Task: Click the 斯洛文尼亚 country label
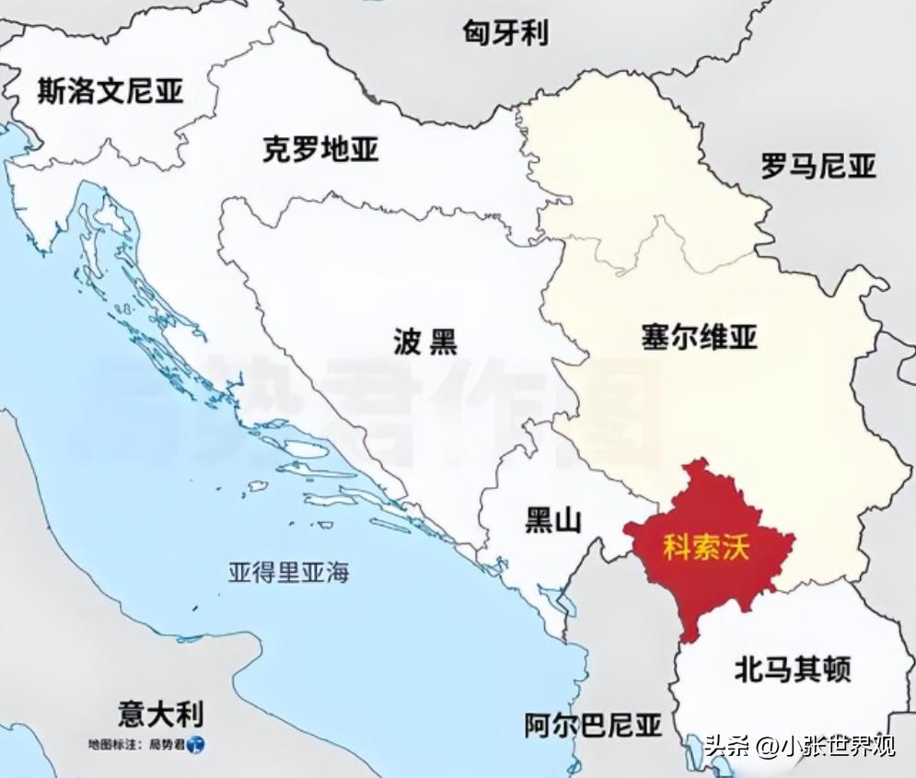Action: [110, 91]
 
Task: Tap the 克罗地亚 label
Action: [320, 150]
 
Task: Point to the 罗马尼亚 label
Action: [818, 167]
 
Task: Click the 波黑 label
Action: [424, 343]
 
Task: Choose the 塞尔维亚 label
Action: [699, 336]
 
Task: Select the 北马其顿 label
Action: [792, 668]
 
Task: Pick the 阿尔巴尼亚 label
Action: [593, 726]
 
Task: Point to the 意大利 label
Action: [161, 714]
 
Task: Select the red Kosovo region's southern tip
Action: [689, 635]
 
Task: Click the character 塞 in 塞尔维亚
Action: [655, 336]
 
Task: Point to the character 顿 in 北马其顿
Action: [836, 668]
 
